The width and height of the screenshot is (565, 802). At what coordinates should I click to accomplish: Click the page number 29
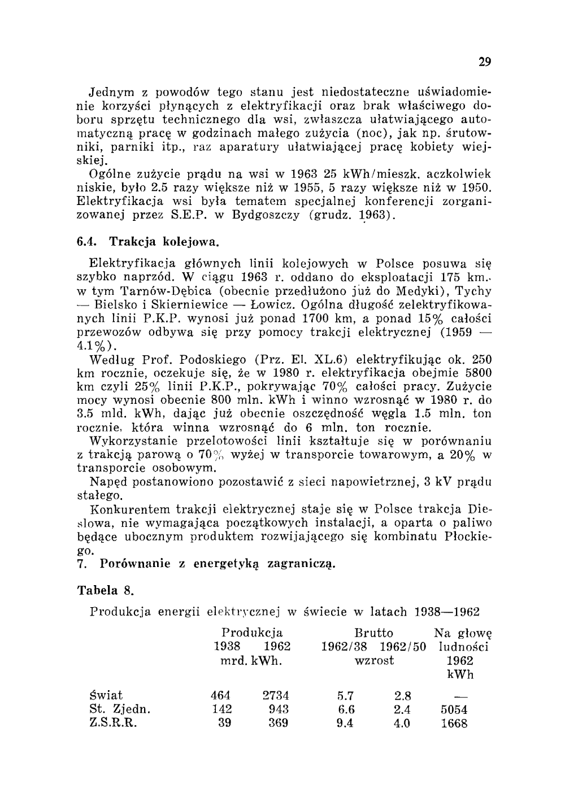pos(484,62)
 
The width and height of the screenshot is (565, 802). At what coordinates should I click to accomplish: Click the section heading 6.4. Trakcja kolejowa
pos(147,242)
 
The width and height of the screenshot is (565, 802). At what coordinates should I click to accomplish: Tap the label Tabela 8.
pos(105,591)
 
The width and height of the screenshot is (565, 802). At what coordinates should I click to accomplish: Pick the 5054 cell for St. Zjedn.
pos(454,709)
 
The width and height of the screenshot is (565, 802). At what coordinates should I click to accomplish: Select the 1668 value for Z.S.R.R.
pos(454,723)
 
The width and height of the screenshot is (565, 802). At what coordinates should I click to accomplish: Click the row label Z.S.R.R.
pos(114,723)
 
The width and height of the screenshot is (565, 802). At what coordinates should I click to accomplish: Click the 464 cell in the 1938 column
pos(220,695)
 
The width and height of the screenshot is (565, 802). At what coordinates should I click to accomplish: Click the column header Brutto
pos(373,633)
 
